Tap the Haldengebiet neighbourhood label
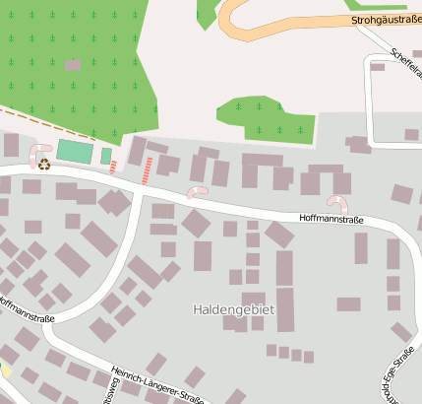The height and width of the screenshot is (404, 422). tap(233, 309)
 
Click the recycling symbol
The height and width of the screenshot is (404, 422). tap(43, 165)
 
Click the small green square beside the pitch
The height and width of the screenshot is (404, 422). tap(106, 156)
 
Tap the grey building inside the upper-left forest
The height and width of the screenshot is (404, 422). tap(72, 65)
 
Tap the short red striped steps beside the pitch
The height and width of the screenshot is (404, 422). tap(114, 166)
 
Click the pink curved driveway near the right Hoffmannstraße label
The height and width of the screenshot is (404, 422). tap(337, 202)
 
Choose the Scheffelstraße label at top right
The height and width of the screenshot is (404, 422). tap(404, 65)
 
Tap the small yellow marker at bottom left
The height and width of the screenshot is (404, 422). tap(3, 370)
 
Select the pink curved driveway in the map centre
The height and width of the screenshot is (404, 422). tap(197, 191)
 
